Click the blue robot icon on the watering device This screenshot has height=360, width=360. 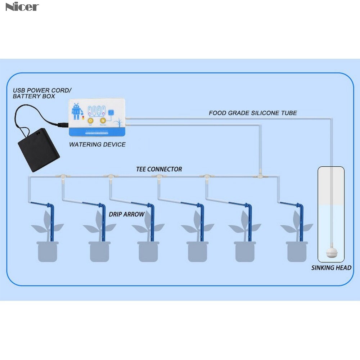76,111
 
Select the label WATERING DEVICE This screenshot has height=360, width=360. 97,145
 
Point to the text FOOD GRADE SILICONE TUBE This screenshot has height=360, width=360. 253,113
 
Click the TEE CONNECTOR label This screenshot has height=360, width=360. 159,169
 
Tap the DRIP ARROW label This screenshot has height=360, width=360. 127,214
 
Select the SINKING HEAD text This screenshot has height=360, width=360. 331,268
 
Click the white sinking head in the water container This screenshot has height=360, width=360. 330,252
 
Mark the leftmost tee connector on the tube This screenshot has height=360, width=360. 62,176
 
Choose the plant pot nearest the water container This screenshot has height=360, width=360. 297,251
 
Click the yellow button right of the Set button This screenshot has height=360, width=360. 103,121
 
